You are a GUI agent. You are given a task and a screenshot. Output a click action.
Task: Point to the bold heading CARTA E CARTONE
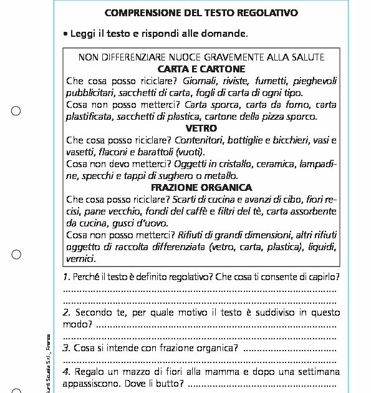201,69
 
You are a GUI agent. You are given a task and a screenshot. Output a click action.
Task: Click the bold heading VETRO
201,128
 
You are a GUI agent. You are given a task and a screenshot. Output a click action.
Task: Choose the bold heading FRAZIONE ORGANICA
201,187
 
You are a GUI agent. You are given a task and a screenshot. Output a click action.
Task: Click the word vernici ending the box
81,258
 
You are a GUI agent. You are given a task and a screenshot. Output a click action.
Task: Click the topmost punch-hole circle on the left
16,111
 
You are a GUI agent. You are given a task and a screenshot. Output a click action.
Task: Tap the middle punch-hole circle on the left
16,254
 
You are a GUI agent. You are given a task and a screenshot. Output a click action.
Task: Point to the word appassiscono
91,383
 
